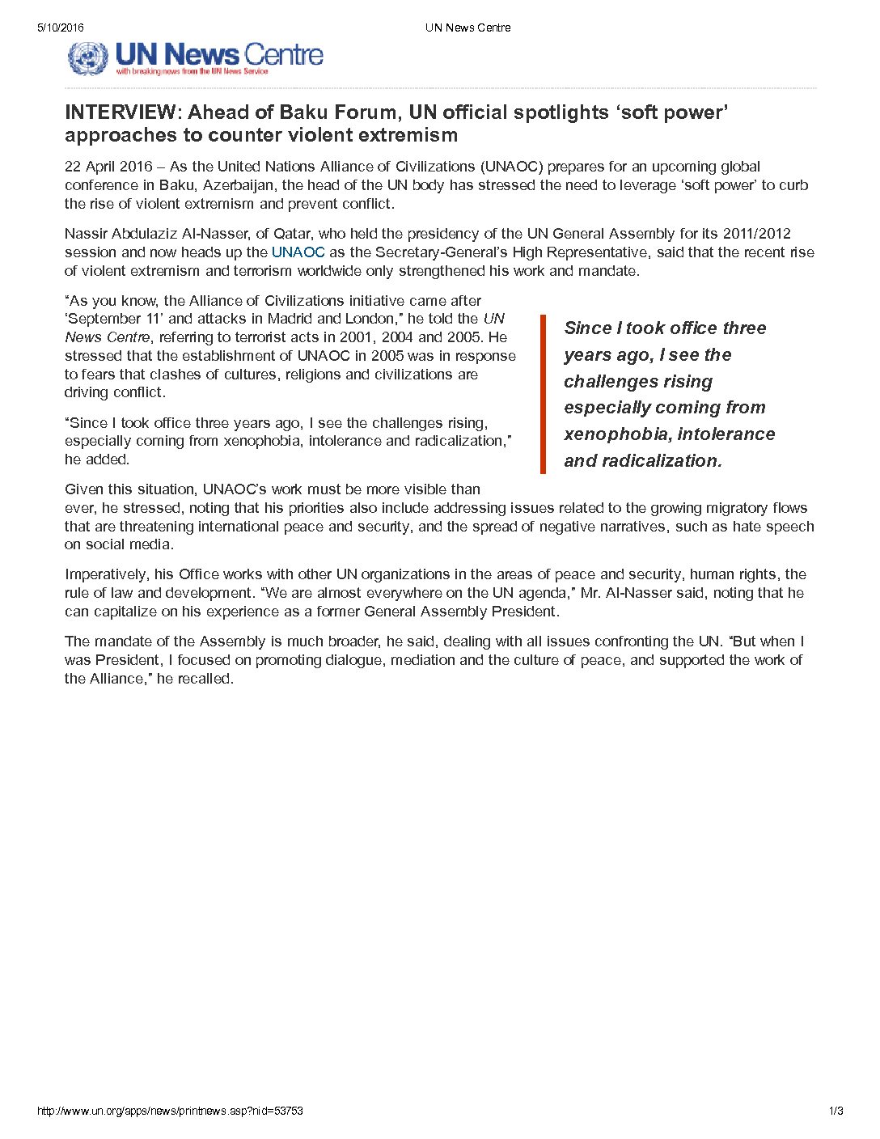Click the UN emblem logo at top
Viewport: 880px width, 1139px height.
87,58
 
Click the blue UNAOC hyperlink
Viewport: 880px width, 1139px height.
298,252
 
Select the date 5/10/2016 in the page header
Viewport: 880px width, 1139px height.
60,28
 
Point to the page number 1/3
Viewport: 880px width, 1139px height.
836,1111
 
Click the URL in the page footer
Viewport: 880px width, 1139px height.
170,1111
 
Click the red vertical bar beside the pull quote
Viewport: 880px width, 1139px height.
544,394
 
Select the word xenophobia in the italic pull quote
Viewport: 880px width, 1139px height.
616,434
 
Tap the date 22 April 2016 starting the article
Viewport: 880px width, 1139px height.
108,167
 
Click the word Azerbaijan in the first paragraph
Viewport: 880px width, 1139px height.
239,185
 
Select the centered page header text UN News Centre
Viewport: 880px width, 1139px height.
467,28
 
